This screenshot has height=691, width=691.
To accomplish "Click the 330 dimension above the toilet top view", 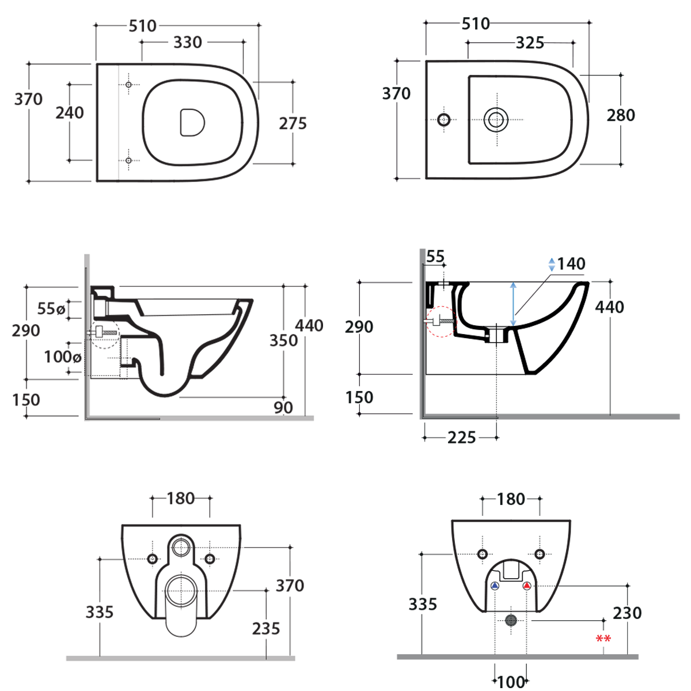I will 188,42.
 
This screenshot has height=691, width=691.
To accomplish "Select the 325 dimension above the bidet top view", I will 529,43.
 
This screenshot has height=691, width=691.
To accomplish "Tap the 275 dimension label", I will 293,123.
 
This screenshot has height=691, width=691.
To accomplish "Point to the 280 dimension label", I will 621,115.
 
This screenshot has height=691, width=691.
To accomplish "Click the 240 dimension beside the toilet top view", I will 70,112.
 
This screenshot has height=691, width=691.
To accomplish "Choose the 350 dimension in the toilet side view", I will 283,340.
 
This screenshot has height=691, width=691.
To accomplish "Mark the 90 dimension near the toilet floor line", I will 283,407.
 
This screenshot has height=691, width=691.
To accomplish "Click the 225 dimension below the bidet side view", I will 461,438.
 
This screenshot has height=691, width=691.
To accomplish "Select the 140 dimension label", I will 571,264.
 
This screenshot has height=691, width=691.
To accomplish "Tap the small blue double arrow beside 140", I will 552,264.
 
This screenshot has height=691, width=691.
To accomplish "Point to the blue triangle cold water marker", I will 495,586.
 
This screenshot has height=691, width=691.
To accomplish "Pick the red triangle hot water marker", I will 526,586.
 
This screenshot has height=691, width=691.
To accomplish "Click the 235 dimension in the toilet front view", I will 265,628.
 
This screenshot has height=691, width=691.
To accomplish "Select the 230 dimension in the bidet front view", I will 627,613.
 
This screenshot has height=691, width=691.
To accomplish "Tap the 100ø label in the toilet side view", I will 62,356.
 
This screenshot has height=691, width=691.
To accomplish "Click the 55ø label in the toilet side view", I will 51,309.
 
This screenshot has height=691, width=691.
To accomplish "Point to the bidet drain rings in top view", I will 495,120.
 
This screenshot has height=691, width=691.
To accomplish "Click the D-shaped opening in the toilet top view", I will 192,123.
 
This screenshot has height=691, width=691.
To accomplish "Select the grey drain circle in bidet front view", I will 511,620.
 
